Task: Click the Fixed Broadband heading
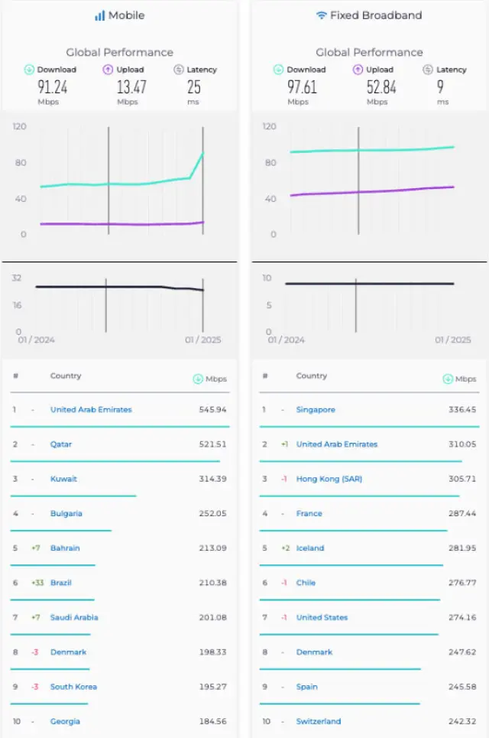point(369,15)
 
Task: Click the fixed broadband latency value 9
point(441,87)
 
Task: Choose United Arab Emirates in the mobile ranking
point(91,410)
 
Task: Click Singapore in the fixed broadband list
point(316,410)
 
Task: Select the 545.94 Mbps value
point(212,410)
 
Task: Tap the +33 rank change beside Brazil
point(37,583)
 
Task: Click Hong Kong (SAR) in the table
point(329,480)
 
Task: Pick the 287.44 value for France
point(461,514)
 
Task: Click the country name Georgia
point(65,721)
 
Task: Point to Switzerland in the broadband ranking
point(319,721)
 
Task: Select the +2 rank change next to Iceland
point(284,548)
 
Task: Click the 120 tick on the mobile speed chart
point(19,126)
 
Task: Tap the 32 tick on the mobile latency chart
point(16,278)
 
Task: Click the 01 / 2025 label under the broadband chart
point(453,340)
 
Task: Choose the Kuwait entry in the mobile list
point(63,480)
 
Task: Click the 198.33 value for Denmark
point(212,652)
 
